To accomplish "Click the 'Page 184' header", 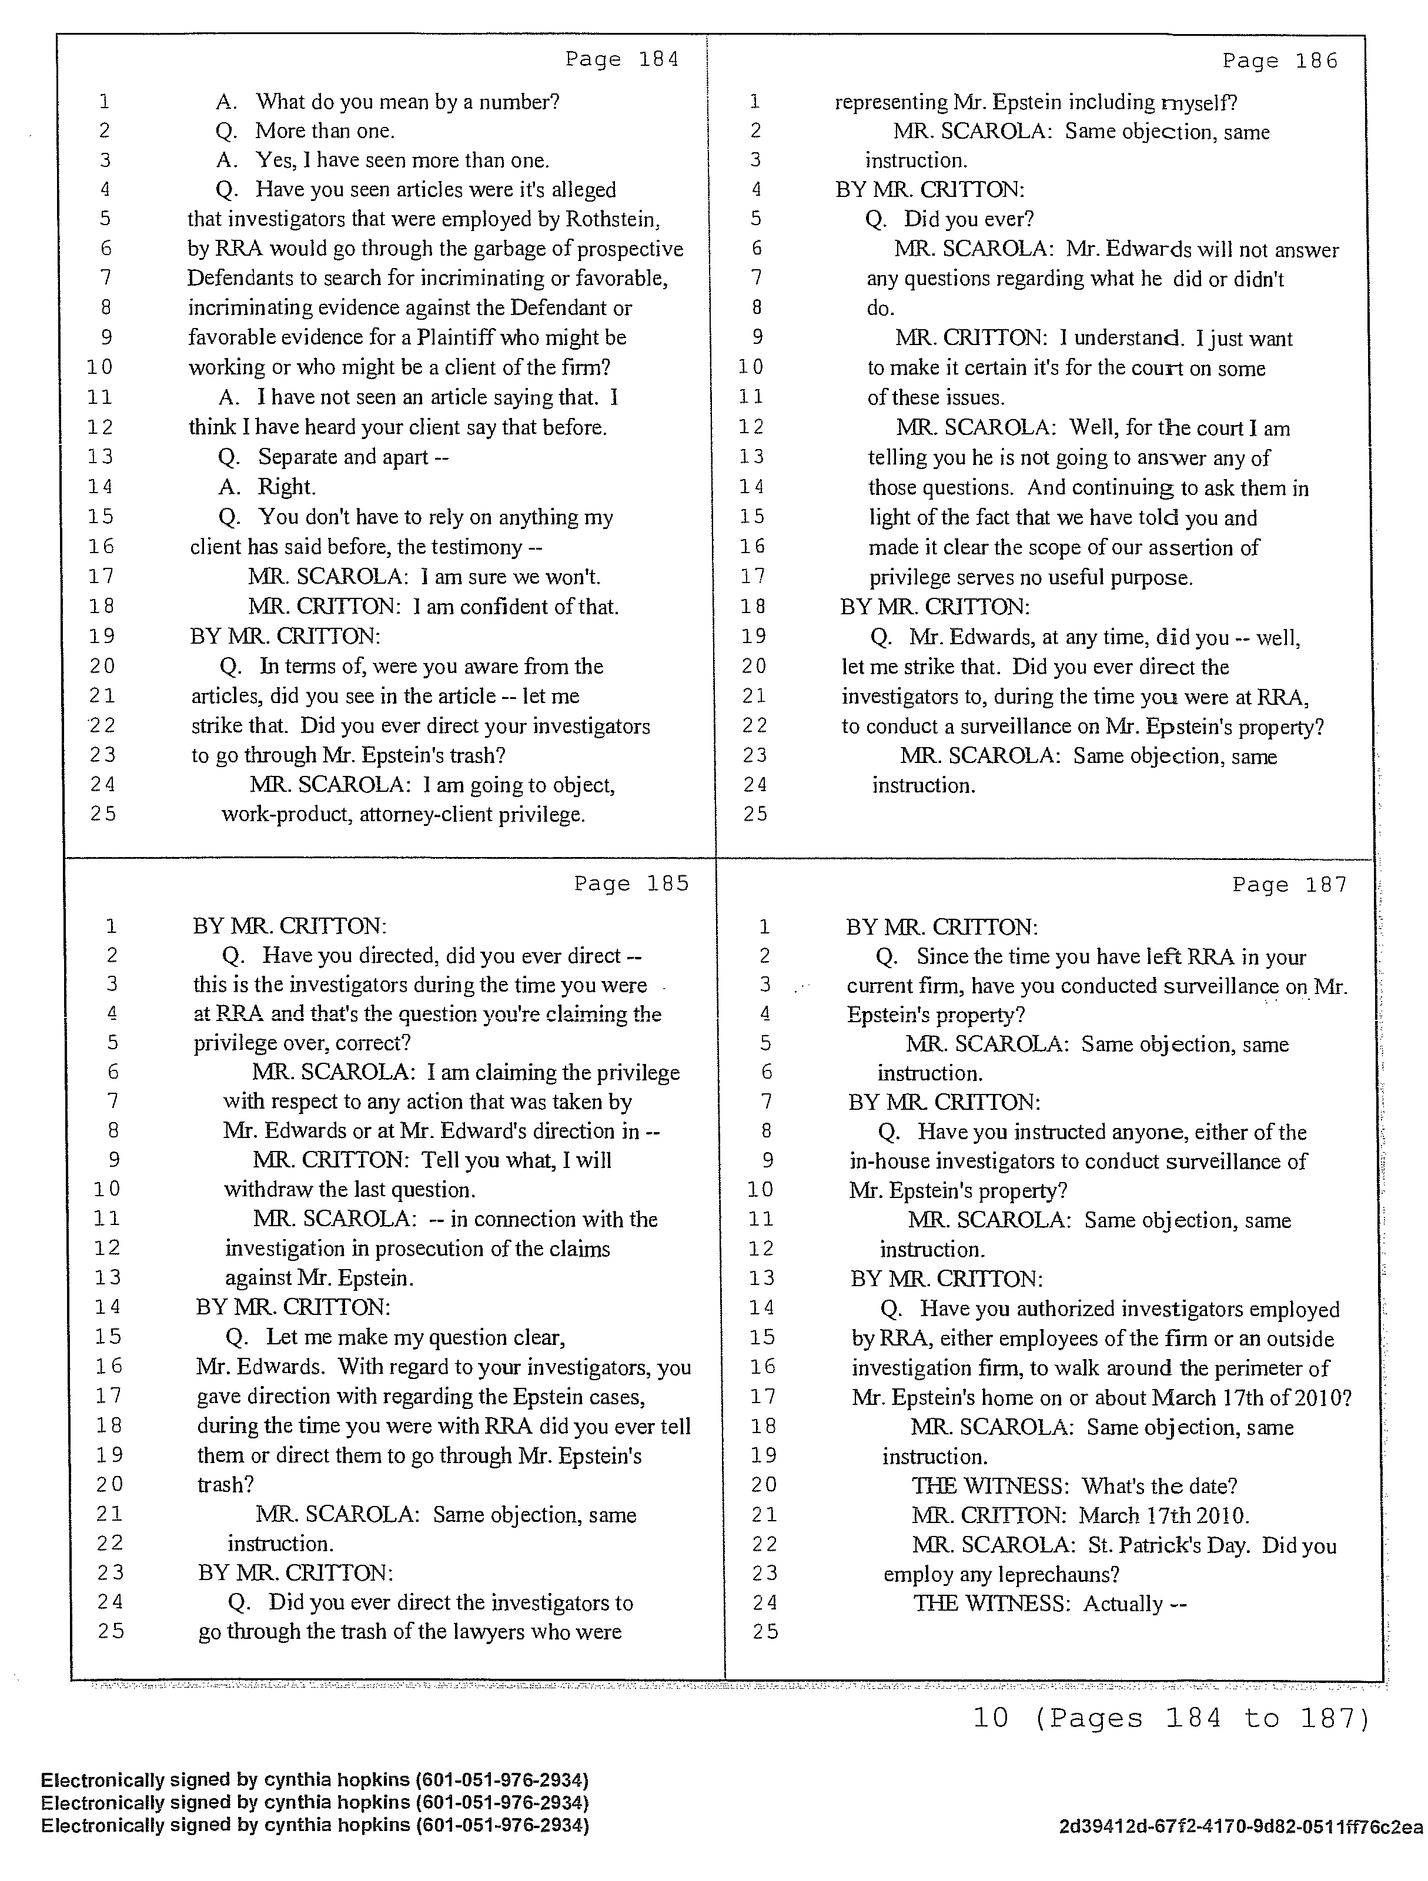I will pos(622,59).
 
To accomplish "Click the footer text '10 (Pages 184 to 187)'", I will pos(1171,1719).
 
